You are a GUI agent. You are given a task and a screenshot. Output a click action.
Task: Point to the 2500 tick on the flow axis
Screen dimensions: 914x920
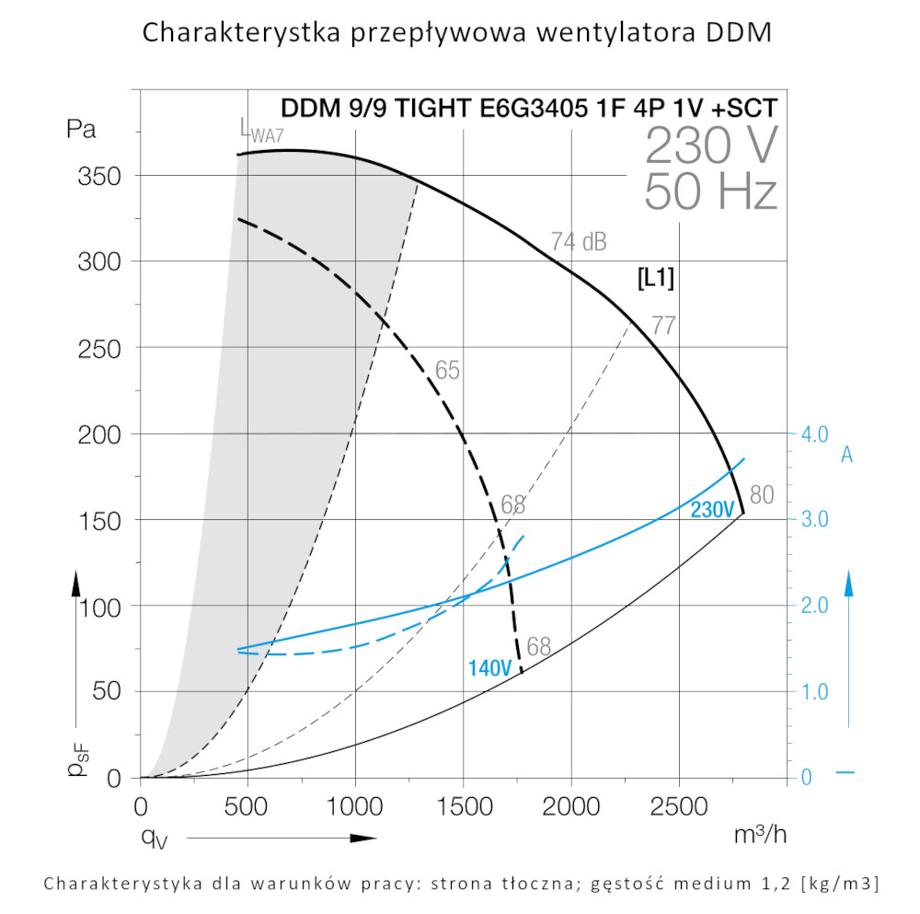pyautogui.click(x=679, y=807)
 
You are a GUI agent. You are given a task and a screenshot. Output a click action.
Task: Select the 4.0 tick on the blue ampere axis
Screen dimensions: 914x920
pyautogui.click(x=810, y=434)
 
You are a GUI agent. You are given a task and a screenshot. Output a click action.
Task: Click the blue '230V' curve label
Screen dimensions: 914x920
pyautogui.click(x=711, y=510)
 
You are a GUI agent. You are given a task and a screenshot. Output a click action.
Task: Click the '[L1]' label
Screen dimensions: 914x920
pyautogui.click(x=656, y=279)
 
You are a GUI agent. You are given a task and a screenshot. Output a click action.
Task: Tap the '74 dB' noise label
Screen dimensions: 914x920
pyautogui.click(x=579, y=242)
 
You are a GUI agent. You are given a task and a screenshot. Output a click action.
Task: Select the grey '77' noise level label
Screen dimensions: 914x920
pyautogui.click(x=662, y=325)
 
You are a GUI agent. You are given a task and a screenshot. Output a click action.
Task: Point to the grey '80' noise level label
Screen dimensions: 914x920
pyautogui.click(x=762, y=494)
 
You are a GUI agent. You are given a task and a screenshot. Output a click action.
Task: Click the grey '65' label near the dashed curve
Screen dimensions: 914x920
pyautogui.click(x=447, y=371)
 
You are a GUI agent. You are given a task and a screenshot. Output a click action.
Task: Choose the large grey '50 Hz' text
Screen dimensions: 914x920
pyautogui.click(x=710, y=191)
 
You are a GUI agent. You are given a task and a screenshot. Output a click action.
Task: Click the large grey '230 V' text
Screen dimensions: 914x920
pyautogui.click(x=711, y=145)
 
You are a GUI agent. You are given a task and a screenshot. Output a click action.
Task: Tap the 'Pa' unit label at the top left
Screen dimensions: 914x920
pyautogui.click(x=81, y=129)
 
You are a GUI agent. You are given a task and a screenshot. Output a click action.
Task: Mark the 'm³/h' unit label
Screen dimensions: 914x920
pyautogui.click(x=760, y=836)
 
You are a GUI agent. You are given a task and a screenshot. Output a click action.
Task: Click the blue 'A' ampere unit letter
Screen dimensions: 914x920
pyautogui.click(x=847, y=454)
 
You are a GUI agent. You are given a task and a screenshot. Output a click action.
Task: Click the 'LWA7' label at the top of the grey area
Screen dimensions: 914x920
pyautogui.click(x=257, y=133)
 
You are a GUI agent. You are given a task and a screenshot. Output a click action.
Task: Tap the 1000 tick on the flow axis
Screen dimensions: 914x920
pyautogui.click(x=355, y=807)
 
